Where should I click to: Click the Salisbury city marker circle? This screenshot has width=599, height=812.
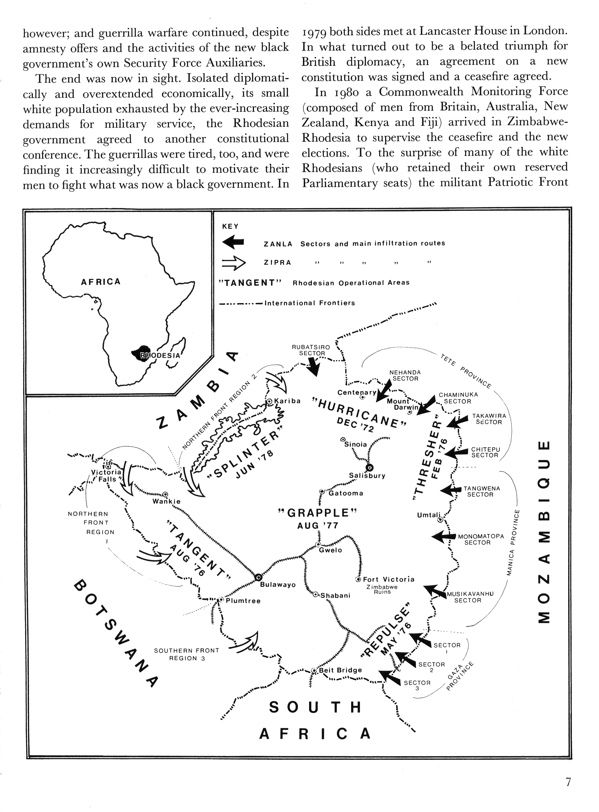point(369,467)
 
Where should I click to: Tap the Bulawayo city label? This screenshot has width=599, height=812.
point(278,585)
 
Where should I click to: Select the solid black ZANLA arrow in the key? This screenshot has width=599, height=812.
point(233,242)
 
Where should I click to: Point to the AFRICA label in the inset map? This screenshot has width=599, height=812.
point(100,282)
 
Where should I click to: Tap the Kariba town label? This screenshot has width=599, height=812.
point(288,401)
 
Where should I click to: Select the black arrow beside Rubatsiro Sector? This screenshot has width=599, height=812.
point(313,366)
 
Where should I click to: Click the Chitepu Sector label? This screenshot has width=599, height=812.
point(485,453)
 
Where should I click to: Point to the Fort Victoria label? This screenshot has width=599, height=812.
point(388,579)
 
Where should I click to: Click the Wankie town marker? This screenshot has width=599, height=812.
point(165,494)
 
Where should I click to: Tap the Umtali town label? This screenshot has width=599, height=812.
point(429,515)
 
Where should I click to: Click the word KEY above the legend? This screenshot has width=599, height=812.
point(230,227)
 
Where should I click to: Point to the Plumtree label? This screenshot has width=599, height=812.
point(243,601)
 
